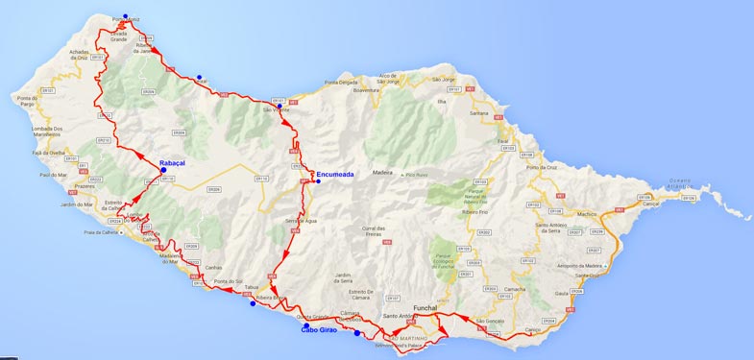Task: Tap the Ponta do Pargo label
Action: tap(26, 102)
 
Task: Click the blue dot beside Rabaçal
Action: tap(163, 171)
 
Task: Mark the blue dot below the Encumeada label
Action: tap(318, 181)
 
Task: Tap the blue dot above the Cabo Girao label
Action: tap(306, 325)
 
